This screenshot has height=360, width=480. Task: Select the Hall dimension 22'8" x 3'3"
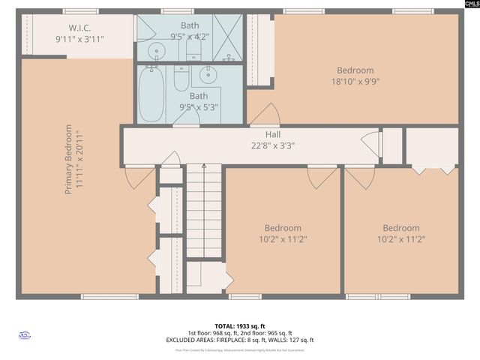point(272,145)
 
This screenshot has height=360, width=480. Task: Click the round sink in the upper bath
point(156,51)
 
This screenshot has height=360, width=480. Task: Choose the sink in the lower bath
point(208,75)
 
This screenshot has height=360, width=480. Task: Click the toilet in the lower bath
point(181,77)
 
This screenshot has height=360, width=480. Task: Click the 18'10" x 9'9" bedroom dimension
point(355,82)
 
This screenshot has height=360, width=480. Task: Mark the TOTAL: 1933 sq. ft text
point(240,326)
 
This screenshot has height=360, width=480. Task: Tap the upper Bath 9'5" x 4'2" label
point(190,30)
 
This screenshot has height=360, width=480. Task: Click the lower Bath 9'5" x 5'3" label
point(199,101)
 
